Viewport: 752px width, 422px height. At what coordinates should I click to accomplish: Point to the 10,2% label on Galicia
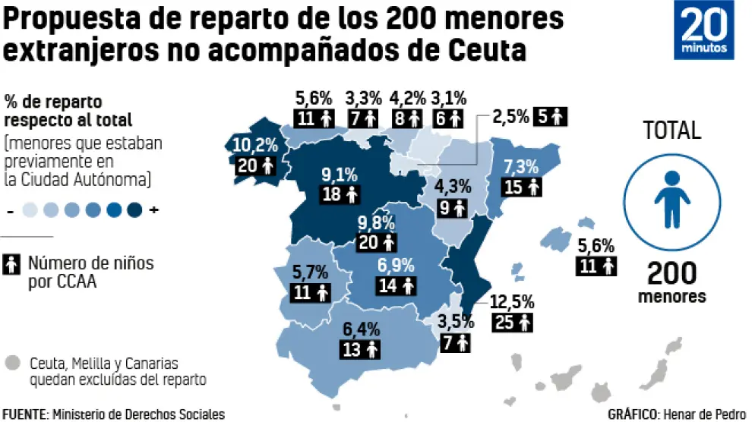[255, 145]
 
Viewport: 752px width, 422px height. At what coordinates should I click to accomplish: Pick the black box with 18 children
[340, 194]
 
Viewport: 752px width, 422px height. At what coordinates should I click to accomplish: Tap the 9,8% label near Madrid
[377, 223]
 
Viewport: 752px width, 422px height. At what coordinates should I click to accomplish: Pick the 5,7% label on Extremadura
[311, 270]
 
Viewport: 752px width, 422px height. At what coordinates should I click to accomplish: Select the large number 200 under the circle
[671, 272]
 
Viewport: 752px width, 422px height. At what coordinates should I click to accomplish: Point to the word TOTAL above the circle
[672, 131]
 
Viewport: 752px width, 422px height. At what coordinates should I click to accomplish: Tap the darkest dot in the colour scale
[135, 209]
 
